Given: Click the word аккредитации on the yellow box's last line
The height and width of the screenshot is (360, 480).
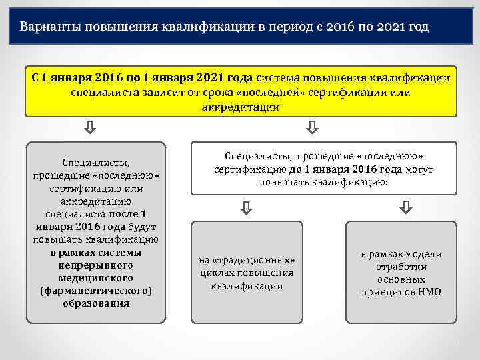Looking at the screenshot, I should tap(241, 107).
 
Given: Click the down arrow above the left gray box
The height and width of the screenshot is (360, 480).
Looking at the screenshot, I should tap(91, 127).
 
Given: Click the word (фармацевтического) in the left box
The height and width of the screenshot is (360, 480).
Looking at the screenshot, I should tap(96, 290).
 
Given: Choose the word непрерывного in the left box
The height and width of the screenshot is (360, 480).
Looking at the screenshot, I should tap(95, 265).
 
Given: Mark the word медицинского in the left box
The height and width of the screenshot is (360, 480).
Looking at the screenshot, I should tap(95, 277).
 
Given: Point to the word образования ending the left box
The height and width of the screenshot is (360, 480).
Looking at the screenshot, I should tap(95, 303).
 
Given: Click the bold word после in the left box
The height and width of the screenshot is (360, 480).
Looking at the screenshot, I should tap(123, 215).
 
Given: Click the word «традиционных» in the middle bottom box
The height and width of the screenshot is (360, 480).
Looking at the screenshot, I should tap(247, 260).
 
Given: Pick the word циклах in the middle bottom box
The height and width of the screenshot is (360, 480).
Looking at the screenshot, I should tap(213, 273).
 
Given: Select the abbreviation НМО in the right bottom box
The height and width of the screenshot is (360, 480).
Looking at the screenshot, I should tap(427, 292).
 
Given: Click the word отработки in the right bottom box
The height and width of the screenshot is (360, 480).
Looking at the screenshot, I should tap(401, 267).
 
